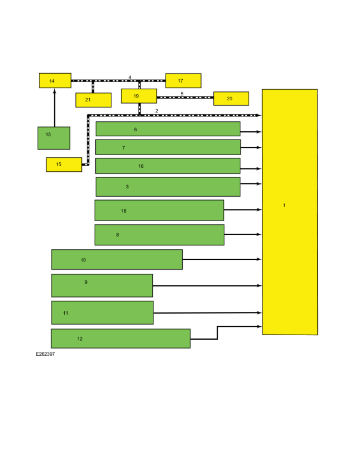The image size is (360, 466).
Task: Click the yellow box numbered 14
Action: click(x=55, y=80)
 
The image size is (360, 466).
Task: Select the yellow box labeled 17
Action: click(x=183, y=80)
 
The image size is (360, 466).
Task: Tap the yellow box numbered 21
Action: click(x=93, y=100)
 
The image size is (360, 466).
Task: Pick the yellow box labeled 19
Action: click(x=138, y=96)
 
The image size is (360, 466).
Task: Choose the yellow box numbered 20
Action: click(x=231, y=99)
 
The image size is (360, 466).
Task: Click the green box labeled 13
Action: click(x=54, y=138)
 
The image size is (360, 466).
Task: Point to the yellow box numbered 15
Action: click(x=64, y=165)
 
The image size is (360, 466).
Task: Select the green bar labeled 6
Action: click(x=168, y=129)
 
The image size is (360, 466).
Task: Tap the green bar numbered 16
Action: click(x=168, y=166)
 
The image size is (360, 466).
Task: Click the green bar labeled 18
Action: click(x=159, y=211)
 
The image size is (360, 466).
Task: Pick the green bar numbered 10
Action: click(x=117, y=259)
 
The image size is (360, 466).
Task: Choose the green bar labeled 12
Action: click(x=121, y=339)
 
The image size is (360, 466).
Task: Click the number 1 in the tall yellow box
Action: click(x=284, y=205)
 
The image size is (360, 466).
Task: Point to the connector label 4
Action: click(x=130, y=77)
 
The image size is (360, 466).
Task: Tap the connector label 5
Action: click(x=182, y=94)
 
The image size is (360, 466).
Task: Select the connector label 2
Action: click(x=157, y=111)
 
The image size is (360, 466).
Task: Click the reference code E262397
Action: click(x=45, y=354)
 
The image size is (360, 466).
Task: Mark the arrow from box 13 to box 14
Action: click(x=54, y=107)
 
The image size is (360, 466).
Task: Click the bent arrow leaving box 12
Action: click(x=218, y=333)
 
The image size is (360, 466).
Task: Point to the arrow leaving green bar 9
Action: click(x=207, y=285)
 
